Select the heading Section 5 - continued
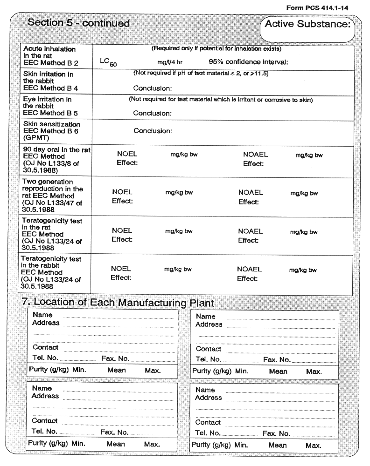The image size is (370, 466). point(78,23)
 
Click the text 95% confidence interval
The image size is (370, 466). point(248,61)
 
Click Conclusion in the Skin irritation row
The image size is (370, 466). point(153,88)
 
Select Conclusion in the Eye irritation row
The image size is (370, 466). point(153,113)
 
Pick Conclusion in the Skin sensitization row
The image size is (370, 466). point(153,131)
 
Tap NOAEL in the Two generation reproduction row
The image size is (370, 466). point(251,192)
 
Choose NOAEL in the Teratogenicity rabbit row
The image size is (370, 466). point(249,269)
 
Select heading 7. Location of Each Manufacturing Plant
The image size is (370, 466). point(118,303)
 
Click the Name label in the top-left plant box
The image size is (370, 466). point(42,315)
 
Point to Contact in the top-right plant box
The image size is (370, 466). point(208,349)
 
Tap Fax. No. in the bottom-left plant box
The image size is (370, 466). point(114,432)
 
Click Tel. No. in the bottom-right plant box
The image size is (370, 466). point(208,433)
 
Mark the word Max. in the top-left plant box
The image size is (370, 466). point(152,371)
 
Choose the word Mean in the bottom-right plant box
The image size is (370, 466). point(278,446)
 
